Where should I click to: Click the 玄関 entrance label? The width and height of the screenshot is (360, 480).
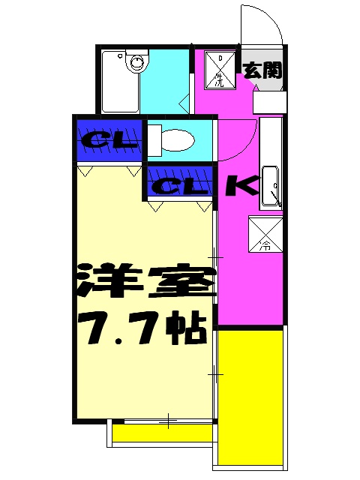click(262, 71)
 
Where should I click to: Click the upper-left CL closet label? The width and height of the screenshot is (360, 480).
click(109, 139)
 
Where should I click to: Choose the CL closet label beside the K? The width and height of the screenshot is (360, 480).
click(178, 186)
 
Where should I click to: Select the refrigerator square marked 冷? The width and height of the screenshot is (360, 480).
click(265, 233)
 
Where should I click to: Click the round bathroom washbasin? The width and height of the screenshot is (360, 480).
click(137, 62)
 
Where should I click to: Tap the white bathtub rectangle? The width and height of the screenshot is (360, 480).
click(118, 80)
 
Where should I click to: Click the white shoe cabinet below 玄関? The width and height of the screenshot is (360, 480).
click(268, 102)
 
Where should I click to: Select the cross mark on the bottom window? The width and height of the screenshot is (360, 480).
click(168, 421)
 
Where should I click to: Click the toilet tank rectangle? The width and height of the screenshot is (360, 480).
click(154, 140)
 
